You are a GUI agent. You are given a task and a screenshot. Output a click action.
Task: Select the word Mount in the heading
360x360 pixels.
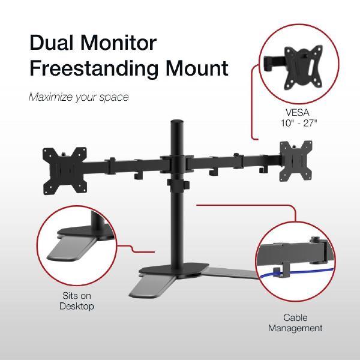pyautogui.click(x=196, y=68)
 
